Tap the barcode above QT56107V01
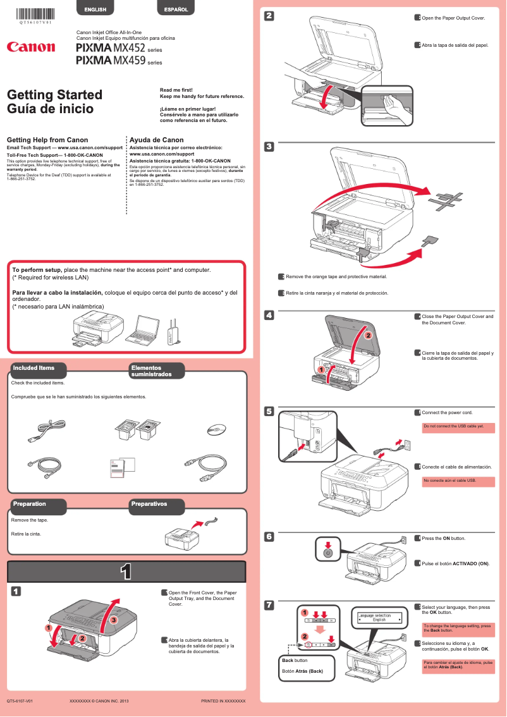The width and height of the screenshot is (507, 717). pyautogui.click(x=35, y=12)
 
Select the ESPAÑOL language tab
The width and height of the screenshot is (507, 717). pyautogui.click(x=176, y=9)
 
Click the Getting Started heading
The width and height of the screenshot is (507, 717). pyautogui.click(x=54, y=95)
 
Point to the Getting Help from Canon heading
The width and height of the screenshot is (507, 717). pyautogui.click(x=47, y=140)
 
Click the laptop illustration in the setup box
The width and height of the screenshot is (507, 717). pyautogui.click(x=144, y=329)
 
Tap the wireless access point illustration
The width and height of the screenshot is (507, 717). pyautogui.click(x=171, y=332)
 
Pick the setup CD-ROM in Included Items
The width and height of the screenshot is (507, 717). pyautogui.click(x=216, y=431)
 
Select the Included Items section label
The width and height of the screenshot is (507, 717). pyautogui.click(x=34, y=368)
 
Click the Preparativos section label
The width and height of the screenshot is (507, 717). pyautogui.click(x=149, y=504)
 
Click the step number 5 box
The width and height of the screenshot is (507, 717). pyautogui.click(x=269, y=412)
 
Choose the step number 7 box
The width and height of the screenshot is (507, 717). pyautogui.click(x=269, y=606)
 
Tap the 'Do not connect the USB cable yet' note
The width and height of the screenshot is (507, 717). pyautogui.click(x=458, y=427)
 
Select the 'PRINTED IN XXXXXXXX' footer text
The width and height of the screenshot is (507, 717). pyautogui.click(x=223, y=701)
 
